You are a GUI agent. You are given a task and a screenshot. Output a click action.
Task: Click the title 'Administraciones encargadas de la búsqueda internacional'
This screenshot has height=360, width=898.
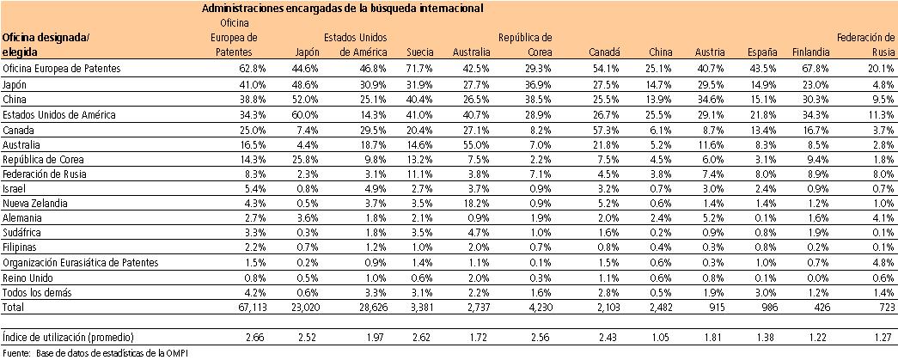point(341,8)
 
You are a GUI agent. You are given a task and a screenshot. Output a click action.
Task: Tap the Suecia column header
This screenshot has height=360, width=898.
point(420,52)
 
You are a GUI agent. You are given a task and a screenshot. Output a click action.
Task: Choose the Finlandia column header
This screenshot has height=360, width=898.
point(808,52)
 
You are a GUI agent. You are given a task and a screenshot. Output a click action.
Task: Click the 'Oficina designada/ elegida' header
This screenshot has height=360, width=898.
point(46,45)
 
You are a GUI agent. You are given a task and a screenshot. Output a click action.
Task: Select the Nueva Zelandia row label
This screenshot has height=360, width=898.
point(32,204)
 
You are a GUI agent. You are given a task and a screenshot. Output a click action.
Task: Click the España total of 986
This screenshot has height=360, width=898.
point(767,306)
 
